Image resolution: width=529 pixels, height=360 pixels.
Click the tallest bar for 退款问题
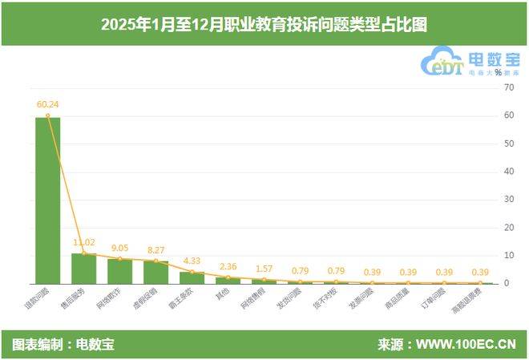point(47,200)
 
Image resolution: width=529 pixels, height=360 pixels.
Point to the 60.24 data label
point(47,103)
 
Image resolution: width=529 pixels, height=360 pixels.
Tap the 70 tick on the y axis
point(507,87)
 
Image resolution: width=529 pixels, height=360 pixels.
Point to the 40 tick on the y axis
point(507,172)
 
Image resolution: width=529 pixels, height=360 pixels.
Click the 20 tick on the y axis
point(507,228)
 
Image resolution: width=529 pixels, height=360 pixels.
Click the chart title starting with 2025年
point(264,24)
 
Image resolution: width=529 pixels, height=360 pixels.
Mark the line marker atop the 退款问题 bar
point(47,115)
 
